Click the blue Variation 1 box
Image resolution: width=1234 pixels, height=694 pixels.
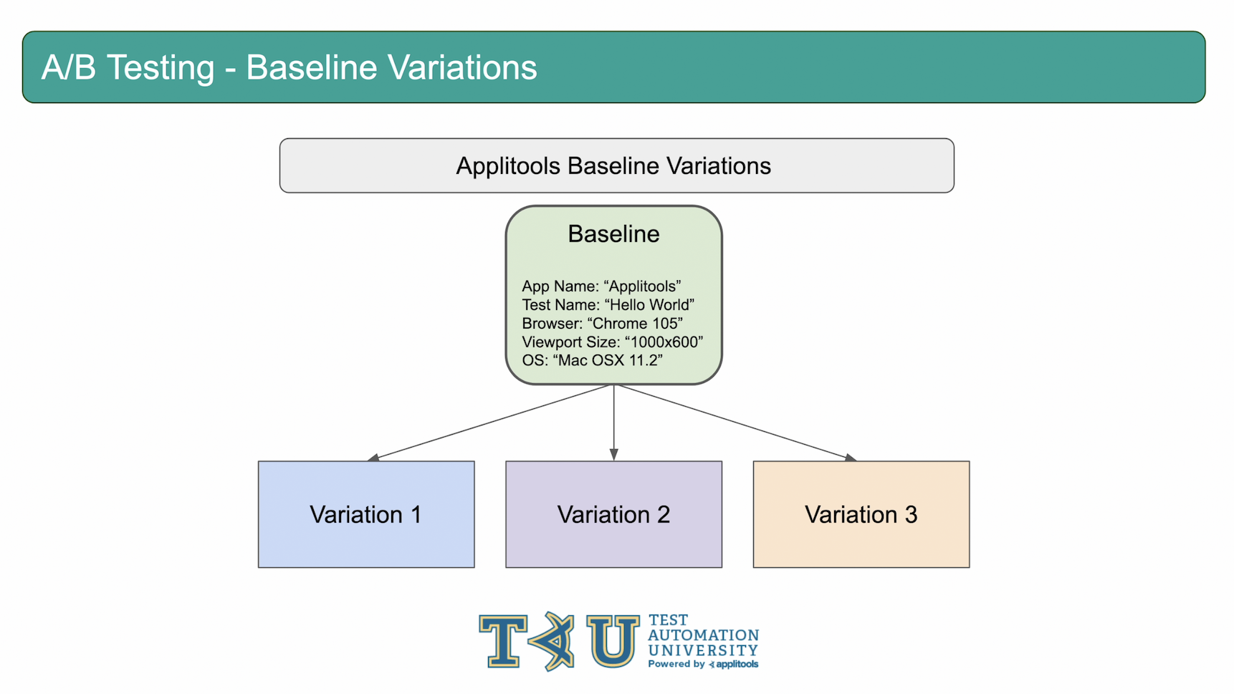(366, 514)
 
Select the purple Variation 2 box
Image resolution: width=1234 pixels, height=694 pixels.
(613, 514)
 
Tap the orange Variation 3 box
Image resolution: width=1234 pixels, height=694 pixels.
(861, 514)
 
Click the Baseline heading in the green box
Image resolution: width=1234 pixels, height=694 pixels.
(613, 234)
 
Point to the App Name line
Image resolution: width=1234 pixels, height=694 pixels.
(601, 286)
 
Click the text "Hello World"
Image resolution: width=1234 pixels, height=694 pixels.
(649, 305)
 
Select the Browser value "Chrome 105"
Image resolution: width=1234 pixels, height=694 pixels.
(635, 324)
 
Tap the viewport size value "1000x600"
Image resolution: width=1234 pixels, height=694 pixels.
(664, 342)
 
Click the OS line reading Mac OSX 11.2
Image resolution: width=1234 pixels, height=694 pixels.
(592, 360)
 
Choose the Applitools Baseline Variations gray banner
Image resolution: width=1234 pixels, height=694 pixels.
(616, 165)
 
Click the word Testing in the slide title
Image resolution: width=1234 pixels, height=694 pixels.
(161, 69)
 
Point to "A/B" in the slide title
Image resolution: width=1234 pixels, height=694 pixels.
(69, 68)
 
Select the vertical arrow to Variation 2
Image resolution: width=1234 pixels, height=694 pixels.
(613, 423)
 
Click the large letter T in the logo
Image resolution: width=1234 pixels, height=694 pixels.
(503, 641)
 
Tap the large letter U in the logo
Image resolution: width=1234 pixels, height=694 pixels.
(613, 641)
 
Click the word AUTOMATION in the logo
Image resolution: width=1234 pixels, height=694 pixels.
(703, 635)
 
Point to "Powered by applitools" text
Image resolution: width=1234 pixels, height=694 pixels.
(703, 665)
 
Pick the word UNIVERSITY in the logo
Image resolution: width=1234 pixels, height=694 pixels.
(703, 650)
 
